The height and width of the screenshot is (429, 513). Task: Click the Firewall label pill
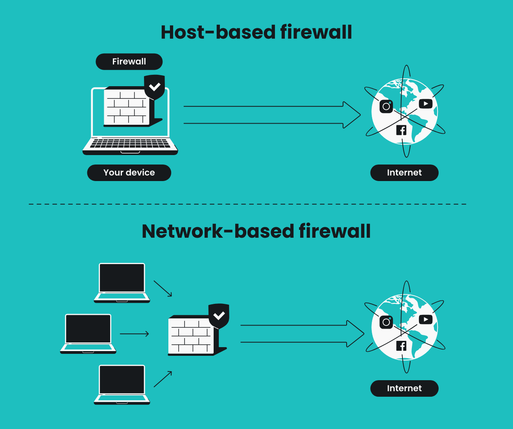tap(129, 62)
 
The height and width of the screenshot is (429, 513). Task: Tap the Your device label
tap(129, 173)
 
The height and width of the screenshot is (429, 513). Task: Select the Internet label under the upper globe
tap(404, 173)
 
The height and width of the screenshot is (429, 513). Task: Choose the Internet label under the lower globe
tap(404, 388)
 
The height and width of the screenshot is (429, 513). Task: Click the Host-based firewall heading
tap(256, 32)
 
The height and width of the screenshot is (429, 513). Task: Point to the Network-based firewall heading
tap(256, 231)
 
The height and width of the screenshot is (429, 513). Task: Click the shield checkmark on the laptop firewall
tap(155, 87)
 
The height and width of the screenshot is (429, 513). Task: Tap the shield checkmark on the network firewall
tap(219, 316)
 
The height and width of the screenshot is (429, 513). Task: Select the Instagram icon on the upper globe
tap(386, 106)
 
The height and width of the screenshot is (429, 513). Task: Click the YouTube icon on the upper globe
tap(426, 104)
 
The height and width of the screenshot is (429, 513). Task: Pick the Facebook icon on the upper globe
tap(401, 130)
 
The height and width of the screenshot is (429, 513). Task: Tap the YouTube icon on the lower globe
tap(426, 320)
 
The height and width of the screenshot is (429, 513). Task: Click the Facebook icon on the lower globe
tap(401, 346)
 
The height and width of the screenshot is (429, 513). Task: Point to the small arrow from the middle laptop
tap(134, 334)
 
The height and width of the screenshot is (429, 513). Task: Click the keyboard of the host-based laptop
tap(130, 144)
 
